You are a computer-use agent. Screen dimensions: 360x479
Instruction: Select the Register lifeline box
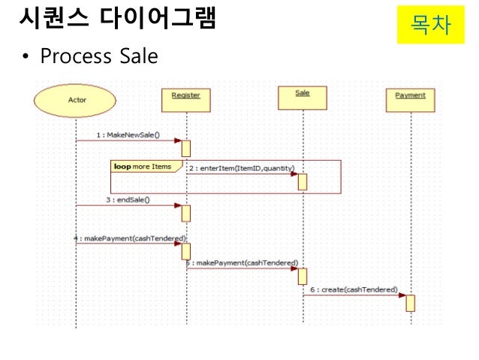[185, 96]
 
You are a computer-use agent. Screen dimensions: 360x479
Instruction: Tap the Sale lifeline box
[303, 93]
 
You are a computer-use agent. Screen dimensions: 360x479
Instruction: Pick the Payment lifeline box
[410, 95]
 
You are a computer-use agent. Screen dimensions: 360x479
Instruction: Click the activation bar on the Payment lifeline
[410, 302]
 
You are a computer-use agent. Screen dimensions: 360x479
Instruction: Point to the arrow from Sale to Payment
[353, 296]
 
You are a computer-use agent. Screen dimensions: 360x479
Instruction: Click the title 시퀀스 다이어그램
[116, 20]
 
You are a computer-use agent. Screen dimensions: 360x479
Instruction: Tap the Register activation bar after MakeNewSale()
[185, 148]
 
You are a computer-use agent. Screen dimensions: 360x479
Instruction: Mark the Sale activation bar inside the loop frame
[303, 181]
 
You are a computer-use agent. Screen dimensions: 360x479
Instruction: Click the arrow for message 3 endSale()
[128, 206]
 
